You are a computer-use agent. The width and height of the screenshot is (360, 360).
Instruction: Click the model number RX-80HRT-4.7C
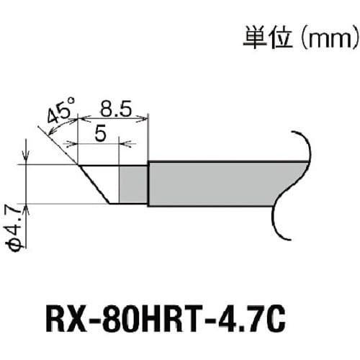tap(179, 318)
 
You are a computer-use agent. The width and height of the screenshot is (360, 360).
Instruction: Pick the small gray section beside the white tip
tap(133, 184)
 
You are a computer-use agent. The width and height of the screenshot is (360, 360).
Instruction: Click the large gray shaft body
tap(216, 184)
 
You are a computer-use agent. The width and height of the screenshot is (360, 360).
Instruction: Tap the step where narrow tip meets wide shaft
tap(148, 164)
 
